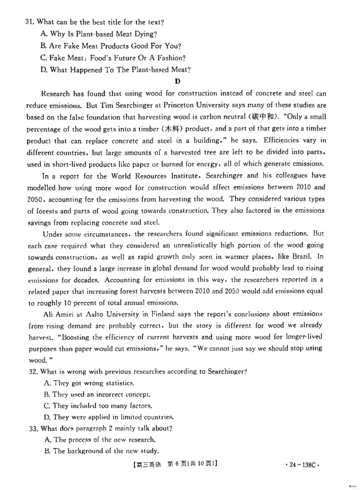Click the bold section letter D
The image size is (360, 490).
[x=177, y=81]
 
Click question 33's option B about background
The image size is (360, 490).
[x=99, y=451]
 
